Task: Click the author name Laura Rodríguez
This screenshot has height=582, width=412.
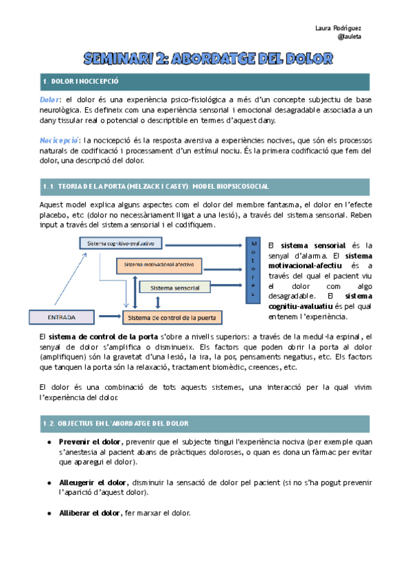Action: point(338,28)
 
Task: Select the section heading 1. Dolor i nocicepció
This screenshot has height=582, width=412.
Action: point(81,82)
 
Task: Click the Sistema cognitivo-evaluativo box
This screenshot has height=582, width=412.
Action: point(121,243)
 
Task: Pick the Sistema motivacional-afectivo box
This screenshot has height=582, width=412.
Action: point(159,264)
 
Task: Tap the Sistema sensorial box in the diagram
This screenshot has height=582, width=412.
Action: point(174,287)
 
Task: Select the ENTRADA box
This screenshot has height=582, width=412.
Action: point(61,317)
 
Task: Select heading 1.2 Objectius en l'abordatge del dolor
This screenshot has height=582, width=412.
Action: point(115,423)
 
